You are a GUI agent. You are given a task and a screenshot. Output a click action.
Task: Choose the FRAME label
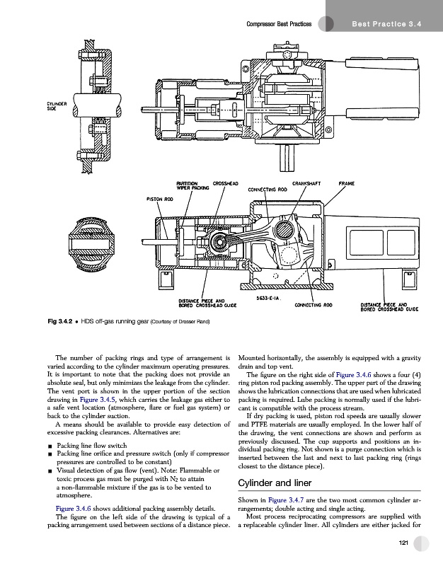(x=347, y=183)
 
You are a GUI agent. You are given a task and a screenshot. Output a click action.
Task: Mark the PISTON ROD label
(x=160, y=199)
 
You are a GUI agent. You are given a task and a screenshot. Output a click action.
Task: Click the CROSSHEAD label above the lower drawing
(x=227, y=183)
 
